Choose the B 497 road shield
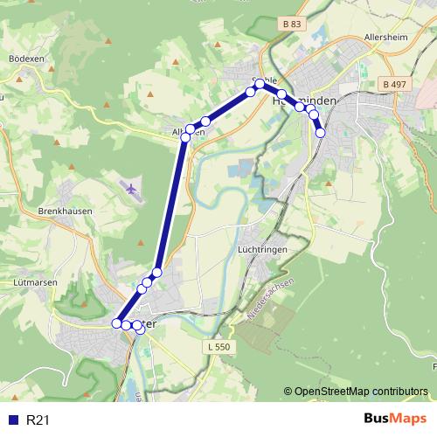click(x=395, y=83)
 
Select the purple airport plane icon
click(x=131, y=188)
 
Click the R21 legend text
click(x=38, y=420)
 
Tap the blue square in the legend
click(x=12, y=420)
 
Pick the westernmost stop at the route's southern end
click(x=116, y=323)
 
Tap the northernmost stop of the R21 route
click(x=259, y=84)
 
